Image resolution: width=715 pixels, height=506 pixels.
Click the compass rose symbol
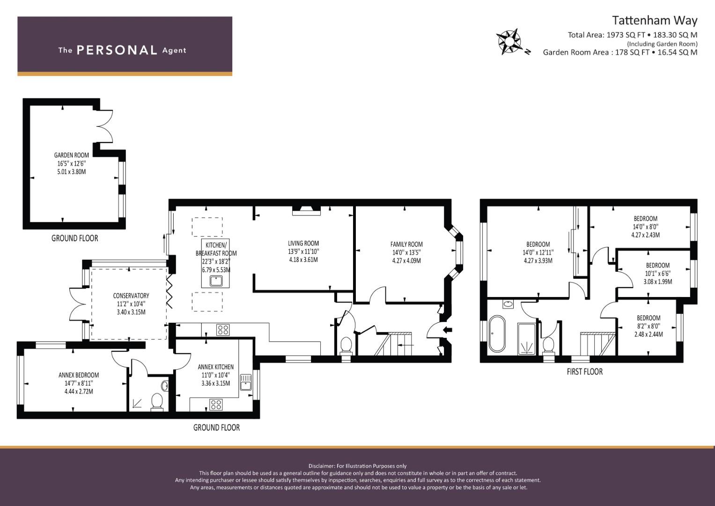(x=509, y=42)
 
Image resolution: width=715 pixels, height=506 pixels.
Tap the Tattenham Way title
(x=654, y=21)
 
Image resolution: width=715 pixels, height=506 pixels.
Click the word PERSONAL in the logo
(x=117, y=50)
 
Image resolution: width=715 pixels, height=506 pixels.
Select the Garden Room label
(x=71, y=155)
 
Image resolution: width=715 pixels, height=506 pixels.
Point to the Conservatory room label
(x=131, y=296)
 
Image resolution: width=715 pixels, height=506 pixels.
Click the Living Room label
(x=303, y=244)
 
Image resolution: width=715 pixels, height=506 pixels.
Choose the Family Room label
(x=406, y=245)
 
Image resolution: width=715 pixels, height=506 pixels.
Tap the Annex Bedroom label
(x=79, y=375)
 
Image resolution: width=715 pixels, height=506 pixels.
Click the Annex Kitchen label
(x=215, y=367)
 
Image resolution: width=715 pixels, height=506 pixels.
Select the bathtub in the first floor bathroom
(x=497, y=334)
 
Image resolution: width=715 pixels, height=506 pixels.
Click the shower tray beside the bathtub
(x=526, y=339)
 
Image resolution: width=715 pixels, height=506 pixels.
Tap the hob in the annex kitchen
(x=216, y=405)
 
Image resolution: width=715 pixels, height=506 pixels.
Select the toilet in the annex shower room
(x=157, y=402)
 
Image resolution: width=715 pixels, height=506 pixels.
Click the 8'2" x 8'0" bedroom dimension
(x=649, y=326)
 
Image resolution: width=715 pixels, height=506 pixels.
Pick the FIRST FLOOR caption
(x=584, y=372)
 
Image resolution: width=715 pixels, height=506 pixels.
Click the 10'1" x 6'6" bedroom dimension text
(x=657, y=274)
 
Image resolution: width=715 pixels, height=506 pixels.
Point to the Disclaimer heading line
(x=357, y=466)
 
